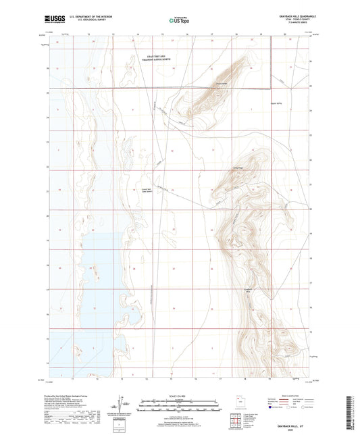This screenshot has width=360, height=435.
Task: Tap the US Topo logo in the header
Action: [177, 21]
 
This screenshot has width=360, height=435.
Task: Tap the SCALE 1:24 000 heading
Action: [179, 395]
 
